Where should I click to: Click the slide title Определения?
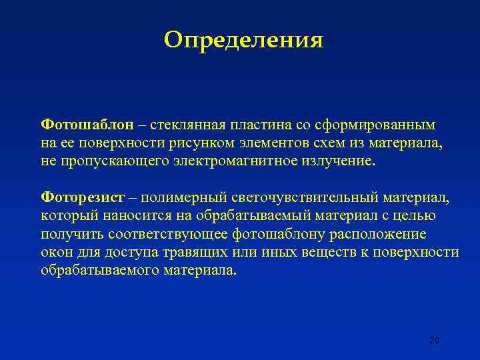(243, 41)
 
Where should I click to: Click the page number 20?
(434, 341)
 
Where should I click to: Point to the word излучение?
(340, 161)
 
